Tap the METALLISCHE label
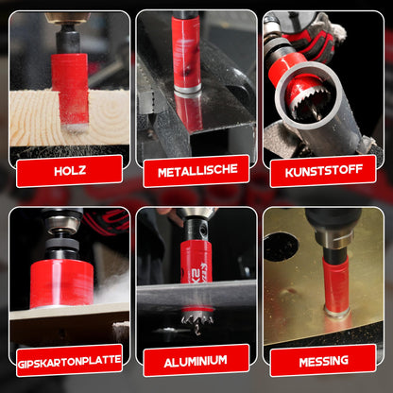[196, 170]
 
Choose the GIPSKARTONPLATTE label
[69, 360]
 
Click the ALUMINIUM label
[196, 360]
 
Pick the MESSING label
[323, 360]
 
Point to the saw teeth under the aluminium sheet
[197, 331]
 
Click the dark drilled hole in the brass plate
[281, 248]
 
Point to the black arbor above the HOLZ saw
[69, 41]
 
